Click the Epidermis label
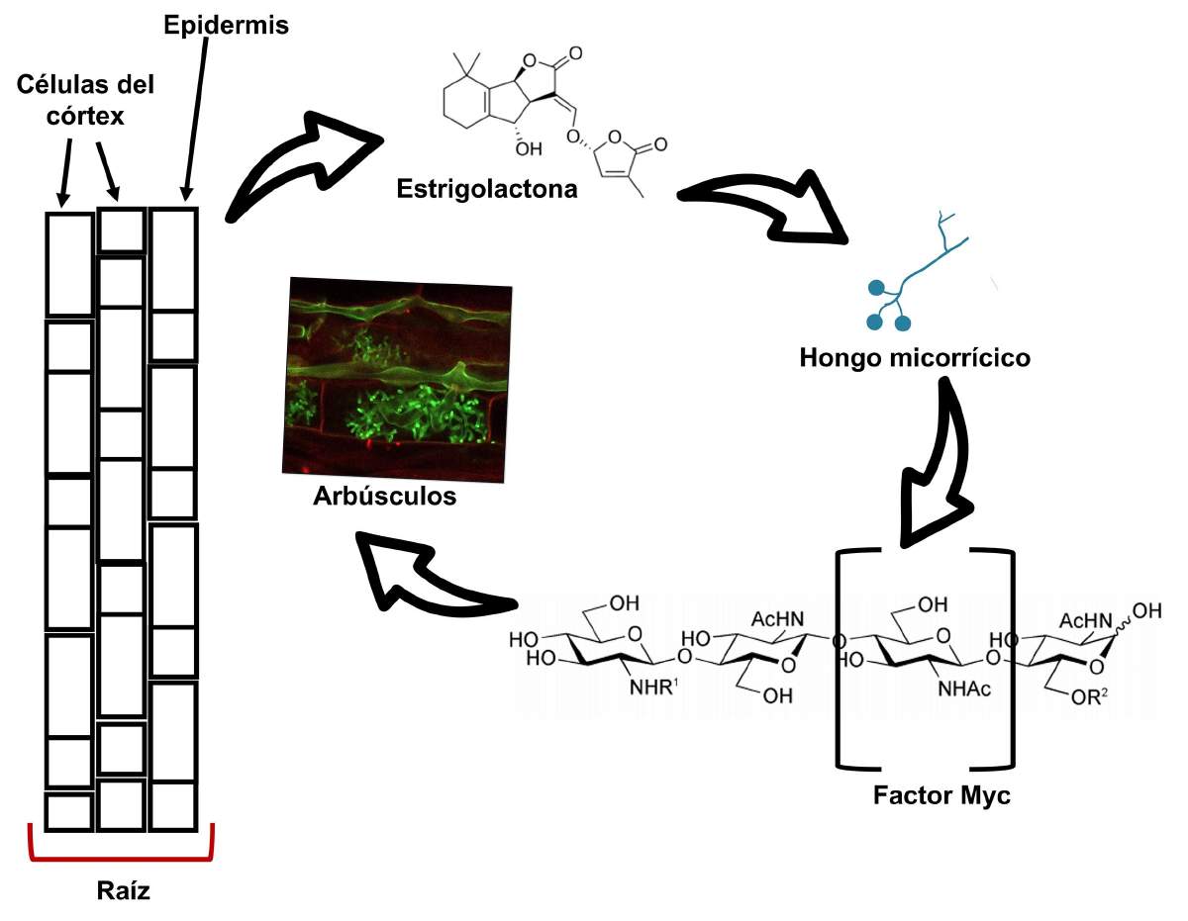226,26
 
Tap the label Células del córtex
85,100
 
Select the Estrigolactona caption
486,189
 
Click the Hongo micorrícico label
915,358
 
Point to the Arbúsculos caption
384,497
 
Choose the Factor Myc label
941,795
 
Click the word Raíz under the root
123,890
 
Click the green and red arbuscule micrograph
397,380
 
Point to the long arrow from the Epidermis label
195,119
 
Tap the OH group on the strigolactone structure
528,148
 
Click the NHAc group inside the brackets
964,690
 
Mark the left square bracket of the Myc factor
839,659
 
